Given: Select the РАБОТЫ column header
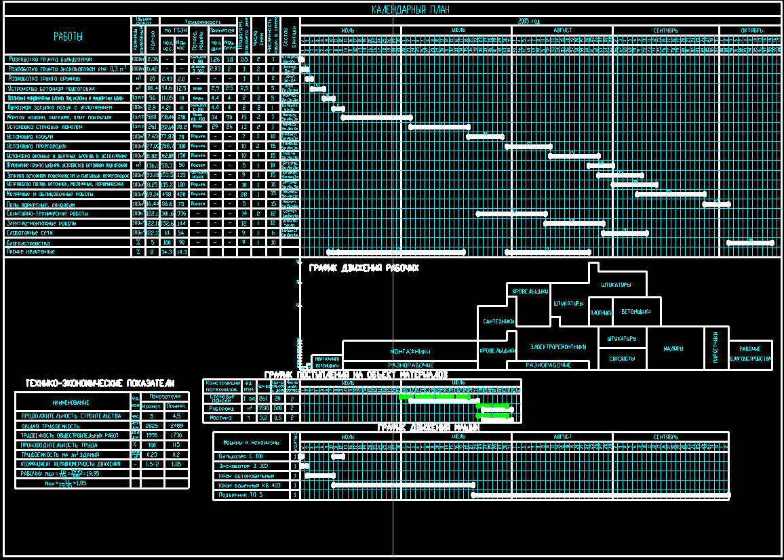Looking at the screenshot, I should pos(68,36).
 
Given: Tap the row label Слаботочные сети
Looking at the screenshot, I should pos(33,233).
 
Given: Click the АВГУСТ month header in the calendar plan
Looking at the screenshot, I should pos(562,31).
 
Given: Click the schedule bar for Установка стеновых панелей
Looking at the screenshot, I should pos(439,127).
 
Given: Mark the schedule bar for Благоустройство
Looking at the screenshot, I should pos(749,242).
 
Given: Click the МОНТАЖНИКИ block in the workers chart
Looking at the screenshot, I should pos(410,351).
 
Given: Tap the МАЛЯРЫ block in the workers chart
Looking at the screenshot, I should pos(673,348).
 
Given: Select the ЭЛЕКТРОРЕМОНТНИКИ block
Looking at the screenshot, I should pos(557,346).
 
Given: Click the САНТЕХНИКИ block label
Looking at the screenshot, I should pos(498,321).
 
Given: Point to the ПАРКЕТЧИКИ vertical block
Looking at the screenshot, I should pos(716,348).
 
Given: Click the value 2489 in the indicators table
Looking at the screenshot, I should pos(176,425).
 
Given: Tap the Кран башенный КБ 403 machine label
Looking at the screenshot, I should pos(250,485).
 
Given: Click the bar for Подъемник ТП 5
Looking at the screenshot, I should pos(600,495).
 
